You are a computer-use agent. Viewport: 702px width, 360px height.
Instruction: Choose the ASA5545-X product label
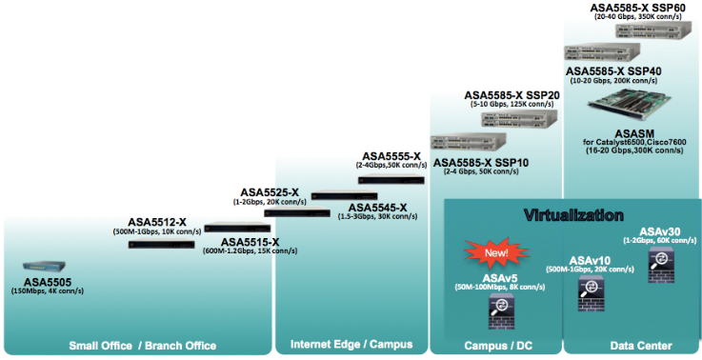click(377, 208)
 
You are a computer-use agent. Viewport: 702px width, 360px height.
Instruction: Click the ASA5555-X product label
click(391, 156)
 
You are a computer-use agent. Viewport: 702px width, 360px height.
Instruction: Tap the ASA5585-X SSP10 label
click(481, 163)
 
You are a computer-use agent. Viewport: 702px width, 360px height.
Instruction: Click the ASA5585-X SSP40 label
click(612, 71)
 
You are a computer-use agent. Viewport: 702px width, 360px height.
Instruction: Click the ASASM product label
click(633, 131)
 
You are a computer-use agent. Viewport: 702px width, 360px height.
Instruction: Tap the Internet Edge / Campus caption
click(351, 345)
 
